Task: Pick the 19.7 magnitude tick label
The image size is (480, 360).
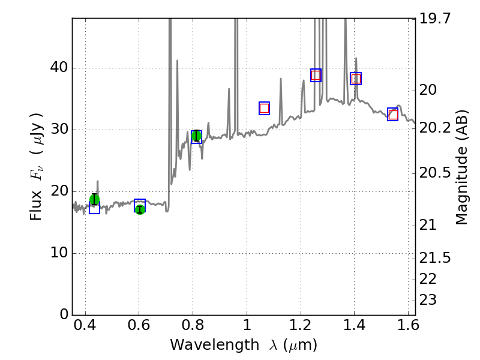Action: (x=436, y=18)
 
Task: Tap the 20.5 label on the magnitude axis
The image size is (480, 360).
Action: (x=436, y=173)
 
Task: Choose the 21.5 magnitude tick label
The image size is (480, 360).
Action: (x=436, y=258)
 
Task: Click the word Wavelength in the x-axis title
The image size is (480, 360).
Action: (x=205, y=345)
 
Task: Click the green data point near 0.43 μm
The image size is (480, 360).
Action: (x=94, y=200)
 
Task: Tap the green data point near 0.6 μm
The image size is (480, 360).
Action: (x=140, y=209)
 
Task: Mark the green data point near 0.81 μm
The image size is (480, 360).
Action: (x=196, y=135)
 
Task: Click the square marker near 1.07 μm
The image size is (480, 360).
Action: (x=264, y=108)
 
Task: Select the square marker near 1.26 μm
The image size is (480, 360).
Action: (x=316, y=75)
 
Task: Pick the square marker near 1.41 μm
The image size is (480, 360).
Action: (x=356, y=79)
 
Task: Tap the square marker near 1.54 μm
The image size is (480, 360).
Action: (x=392, y=115)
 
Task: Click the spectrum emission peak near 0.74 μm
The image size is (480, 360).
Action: (x=177, y=61)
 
